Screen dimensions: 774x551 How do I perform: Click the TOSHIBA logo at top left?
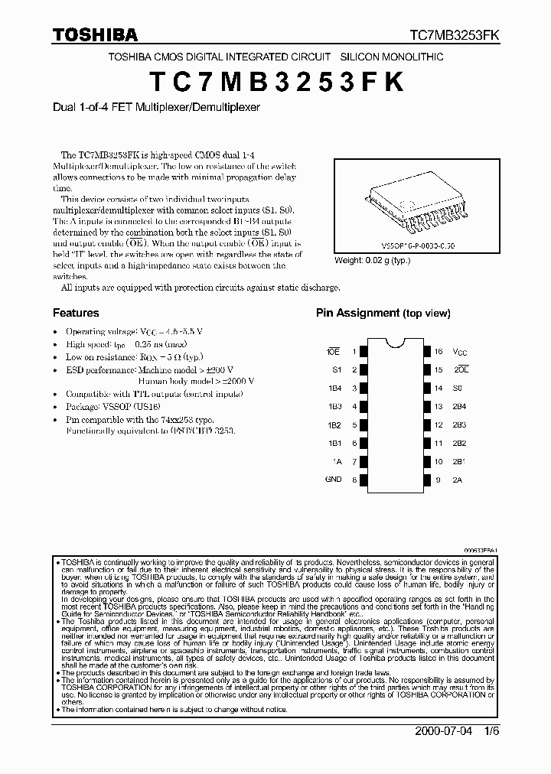click(x=96, y=34)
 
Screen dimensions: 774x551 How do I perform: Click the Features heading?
click(x=76, y=313)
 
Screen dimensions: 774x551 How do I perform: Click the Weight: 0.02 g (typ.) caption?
click(x=372, y=261)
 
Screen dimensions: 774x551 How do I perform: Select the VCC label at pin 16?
click(x=459, y=353)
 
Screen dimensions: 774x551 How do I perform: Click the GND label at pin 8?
click(x=334, y=480)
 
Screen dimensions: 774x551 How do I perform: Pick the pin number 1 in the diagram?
click(x=354, y=352)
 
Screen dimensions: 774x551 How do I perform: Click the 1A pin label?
click(x=337, y=461)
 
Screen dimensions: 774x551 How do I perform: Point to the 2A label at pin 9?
click(x=458, y=480)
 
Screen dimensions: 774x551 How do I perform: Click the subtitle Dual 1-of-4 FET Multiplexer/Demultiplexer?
click(x=156, y=108)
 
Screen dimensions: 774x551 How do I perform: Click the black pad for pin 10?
click(x=425, y=462)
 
